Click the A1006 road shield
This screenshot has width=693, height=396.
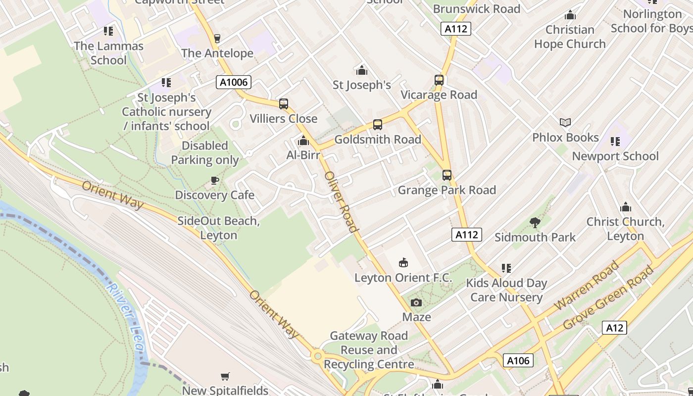[233, 82]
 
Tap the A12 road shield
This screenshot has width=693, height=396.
[614, 328]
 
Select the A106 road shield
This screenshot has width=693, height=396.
[518, 360]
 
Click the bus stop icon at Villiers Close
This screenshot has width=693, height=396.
[284, 104]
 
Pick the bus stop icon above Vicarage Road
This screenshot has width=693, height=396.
[439, 80]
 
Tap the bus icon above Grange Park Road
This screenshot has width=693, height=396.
[447, 175]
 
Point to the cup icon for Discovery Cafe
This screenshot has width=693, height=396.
[214, 181]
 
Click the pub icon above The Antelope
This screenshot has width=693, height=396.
[217, 39]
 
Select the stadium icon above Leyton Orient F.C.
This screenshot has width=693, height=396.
[403, 263]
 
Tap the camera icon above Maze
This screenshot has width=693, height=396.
[416, 302]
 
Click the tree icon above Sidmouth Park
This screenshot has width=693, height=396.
[535, 223]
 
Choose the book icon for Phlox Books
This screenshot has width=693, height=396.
[565, 122]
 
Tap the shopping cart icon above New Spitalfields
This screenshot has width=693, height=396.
[225, 376]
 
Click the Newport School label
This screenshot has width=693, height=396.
[615, 156]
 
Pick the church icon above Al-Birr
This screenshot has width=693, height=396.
[303, 141]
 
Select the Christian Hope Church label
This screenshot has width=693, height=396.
[570, 37]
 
